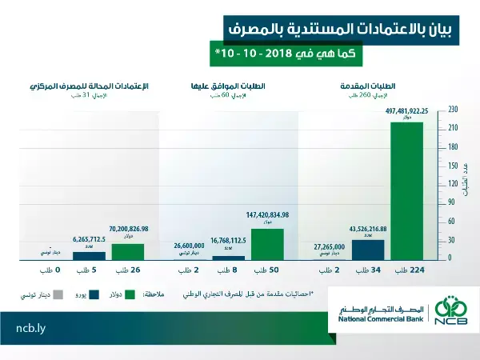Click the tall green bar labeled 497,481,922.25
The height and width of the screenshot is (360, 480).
click(x=407, y=190)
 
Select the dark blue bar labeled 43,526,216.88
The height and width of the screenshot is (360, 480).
click(x=368, y=249)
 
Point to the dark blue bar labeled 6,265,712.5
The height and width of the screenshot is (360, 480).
click(x=89, y=255)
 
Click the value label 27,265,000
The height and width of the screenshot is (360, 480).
click(x=329, y=247)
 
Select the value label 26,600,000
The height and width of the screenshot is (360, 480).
click(x=190, y=246)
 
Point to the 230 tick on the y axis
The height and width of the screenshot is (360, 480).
click(x=453, y=109)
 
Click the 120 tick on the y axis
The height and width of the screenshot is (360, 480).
click(x=453, y=183)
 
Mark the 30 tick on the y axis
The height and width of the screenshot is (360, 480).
click(x=453, y=239)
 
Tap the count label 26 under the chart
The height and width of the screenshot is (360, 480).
click(x=128, y=271)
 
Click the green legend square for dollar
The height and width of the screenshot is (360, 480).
click(x=132, y=294)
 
